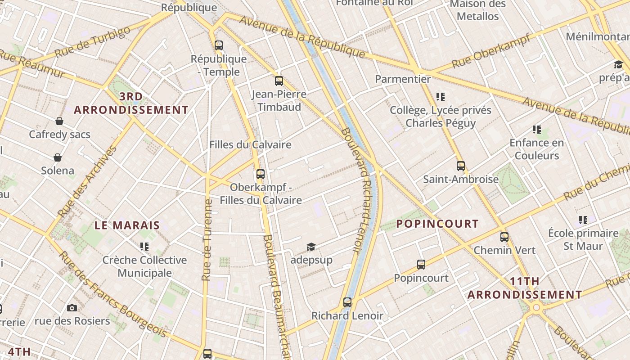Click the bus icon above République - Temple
[219, 45]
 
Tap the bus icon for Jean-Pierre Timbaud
[279, 81]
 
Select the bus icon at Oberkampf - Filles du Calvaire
[261, 174]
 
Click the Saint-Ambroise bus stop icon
[460, 166]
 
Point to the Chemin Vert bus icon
[504, 237]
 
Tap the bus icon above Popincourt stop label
[421, 264]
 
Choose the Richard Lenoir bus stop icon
[347, 302]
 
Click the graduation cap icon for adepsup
[311, 247]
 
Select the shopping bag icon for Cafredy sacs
[59, 121]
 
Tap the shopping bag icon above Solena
[58, 157]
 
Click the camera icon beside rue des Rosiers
[72, 308]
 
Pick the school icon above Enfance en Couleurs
[536, 130]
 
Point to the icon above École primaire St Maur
[583, 220]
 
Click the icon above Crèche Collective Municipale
[144, 246]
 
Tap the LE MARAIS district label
[127, 225]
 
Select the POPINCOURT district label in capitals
[437, 224]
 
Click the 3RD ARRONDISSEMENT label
[131, 103]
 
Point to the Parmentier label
[403, 79]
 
